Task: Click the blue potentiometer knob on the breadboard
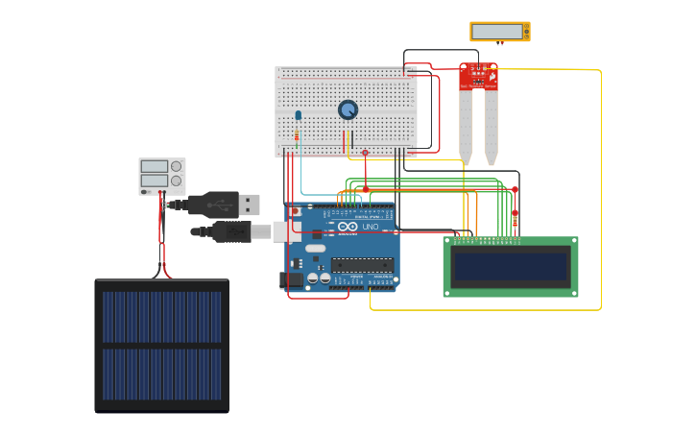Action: [x=348, y=110]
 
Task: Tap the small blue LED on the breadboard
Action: [x=298, y=116]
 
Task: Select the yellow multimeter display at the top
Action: [x=499, y=32]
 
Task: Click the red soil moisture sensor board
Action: [x=478, y=77]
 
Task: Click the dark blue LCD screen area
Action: [x=510, y=266]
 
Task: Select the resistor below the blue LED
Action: [x=297, y=135]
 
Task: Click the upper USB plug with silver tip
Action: [x=248, y=205]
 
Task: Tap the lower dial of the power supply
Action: [x=176, y=181]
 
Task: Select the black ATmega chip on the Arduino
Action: [x=361, y=264]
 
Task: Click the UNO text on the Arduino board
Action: [x=370, y=227]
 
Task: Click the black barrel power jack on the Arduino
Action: [x=290, y=279]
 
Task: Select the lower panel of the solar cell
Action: [x=162, y=375]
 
